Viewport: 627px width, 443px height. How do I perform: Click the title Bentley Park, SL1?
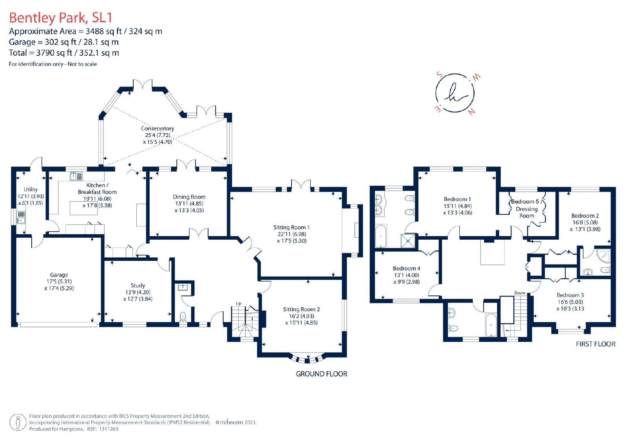pyautogui.click(x=60, y=18)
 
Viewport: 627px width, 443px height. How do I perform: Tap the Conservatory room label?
pyautogui.click(x=157, y=128)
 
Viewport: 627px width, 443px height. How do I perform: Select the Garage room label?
pyautogui.click(x=59, y=275)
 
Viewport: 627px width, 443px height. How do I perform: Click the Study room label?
pyautogui.click(x=138, y=286)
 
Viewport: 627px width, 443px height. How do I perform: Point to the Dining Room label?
pyautogui.click(x=189, y=197)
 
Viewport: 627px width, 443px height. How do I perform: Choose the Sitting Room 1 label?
pyautogui.click(x=292, y=228)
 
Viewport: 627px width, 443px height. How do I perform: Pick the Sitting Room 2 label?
pyautogui.click(x=301, y=309)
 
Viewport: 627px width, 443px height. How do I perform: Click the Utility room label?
pyautogui.click(x=31, y=190)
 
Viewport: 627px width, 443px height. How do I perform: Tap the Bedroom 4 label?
pyautogui.click(x=406, y=268)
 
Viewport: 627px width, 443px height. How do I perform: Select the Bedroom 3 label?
pyautogui.click(x=570, y=295)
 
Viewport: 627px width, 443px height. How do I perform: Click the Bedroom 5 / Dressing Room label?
pyautogui.click(x=527, y=208)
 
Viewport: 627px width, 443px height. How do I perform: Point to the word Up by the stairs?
pyautogui.click(x=239, y=303)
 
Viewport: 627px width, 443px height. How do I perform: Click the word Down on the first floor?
pyautogui.click(x=520, y=293)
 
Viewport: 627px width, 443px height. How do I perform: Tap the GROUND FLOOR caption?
pyautogui.click(x=321, y=374)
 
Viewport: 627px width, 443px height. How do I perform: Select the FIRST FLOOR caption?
pyautogui.click(x=596, y=344)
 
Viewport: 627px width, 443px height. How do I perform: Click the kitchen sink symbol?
pyautogui.click(x=76, y=176)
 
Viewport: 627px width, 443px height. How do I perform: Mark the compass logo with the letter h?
pyautogui.click(x=455, y=93)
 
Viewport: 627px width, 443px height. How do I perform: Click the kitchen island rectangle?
pyautogui.click(x=84, y=208)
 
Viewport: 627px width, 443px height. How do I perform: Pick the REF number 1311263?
pyautogui.click(x=109, y=429)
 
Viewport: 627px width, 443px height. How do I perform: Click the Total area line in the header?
pyautogui.click(x=64, y=52)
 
